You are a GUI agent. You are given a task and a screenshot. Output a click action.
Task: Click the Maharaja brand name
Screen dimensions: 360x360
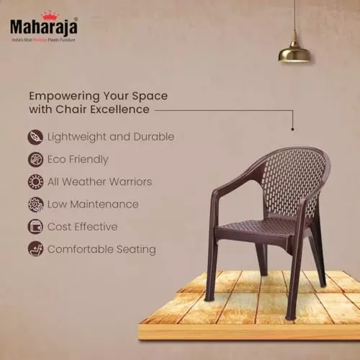(43, 27)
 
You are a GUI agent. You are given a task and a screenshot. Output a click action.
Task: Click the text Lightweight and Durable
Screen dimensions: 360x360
(111, 136)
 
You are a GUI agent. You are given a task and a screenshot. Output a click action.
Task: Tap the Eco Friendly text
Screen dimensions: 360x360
(78, 159)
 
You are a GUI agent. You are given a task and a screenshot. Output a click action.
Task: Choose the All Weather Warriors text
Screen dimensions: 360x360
(99, 181)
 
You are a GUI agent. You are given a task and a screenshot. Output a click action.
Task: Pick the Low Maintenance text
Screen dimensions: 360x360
(92, 204)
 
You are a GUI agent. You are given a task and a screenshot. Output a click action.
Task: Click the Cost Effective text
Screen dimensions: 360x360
(82, 227)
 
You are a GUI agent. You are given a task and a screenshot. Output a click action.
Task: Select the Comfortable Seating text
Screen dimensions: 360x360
(102, 249)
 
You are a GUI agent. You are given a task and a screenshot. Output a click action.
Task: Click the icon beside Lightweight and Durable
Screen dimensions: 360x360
(35, 136)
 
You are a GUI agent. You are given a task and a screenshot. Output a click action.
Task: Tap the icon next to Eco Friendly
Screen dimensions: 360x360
(35, 159)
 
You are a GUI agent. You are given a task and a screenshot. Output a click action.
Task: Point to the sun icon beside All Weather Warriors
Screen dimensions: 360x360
(35, 181)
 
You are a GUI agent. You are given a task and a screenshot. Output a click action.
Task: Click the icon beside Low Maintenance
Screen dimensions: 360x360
(35, 204)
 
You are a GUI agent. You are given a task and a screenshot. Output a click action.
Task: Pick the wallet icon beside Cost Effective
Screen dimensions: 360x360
(35, 227)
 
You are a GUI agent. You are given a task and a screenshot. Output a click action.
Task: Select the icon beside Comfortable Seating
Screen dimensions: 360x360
(35, 249)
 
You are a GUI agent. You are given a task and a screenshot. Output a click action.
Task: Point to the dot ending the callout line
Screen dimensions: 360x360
(292, 129)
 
